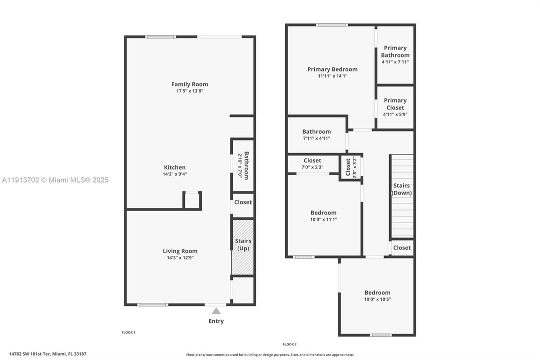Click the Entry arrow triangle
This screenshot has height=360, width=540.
pyautogui.click(x=216, y=311)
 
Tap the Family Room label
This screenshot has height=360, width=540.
pyautogui.click(x=189, y=84)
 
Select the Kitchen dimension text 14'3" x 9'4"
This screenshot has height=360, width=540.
pyautogui.click(x=175, y=174)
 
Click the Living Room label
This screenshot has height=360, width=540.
pyautogui.click(x=180, y=251)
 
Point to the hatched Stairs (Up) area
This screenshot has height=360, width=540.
pyautogui.click(x=243, y=247)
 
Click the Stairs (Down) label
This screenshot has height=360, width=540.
pyautogui.click(x=402, y=189)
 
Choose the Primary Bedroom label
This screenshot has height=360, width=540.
pyautogui.click(x=332, y=69)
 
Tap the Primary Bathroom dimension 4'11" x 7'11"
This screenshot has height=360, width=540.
pyautogui.click(x=395, y=62)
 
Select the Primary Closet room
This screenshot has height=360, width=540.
pyautogui.click(x=395, y=107)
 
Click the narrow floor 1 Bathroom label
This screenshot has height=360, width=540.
pyautogui.click(x=243, y=166)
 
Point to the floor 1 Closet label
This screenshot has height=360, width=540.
pyautogui.click(x=243, y=202)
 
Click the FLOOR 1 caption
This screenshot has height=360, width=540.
pyautogui.click(x=128, y=332)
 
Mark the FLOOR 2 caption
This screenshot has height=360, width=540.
pyautogui.click(x=289, y=344)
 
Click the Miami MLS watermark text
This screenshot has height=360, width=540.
pyautogui.click(x=55, y=180)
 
